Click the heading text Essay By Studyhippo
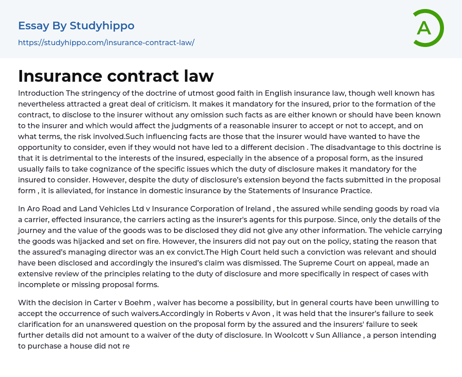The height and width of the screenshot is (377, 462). (76, 26)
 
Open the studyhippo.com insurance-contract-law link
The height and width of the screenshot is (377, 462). (106, 42)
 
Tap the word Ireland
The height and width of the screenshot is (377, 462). (266, 209)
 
